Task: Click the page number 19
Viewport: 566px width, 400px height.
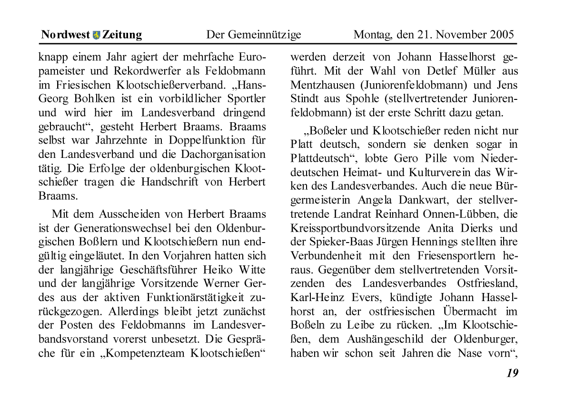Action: coord(512,373)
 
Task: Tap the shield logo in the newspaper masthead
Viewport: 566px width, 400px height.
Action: coord(97,35)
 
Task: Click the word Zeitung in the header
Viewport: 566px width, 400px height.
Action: coord(122,35)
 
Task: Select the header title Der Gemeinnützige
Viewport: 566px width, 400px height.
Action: coord(253,35)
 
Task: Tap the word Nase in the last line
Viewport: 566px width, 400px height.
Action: coord(468,353)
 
